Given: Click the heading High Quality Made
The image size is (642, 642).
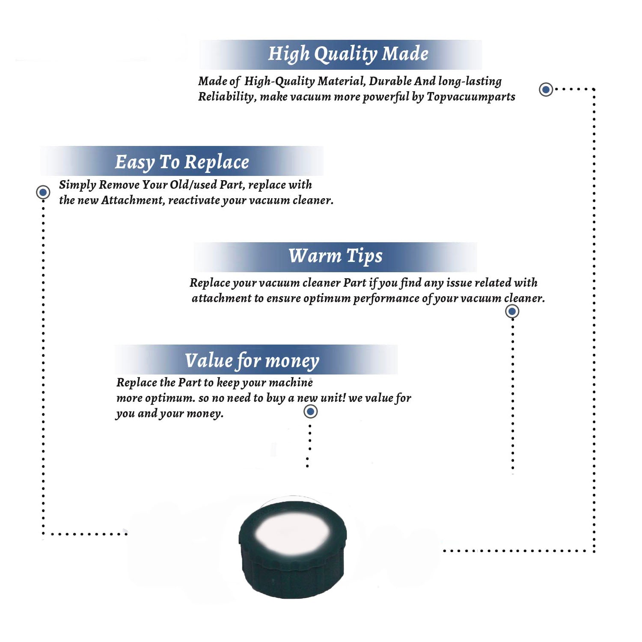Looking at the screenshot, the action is click(348, 54).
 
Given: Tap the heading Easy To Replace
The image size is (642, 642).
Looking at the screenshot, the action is click(182, 162).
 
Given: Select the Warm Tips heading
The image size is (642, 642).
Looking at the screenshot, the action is click(336, 256).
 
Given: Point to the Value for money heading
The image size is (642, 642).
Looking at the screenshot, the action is click(252, 361).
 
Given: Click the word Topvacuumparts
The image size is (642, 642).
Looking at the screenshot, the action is click(471, 97).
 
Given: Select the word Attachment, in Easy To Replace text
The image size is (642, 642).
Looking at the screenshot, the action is click(133, 200).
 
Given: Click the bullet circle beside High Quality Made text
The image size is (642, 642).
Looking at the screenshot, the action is click(546, 89).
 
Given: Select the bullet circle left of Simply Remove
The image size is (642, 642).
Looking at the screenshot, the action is click(43, 192).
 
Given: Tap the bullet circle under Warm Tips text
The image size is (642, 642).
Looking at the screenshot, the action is click(512, 311).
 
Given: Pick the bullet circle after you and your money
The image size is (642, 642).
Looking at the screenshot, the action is click(310, 412).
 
